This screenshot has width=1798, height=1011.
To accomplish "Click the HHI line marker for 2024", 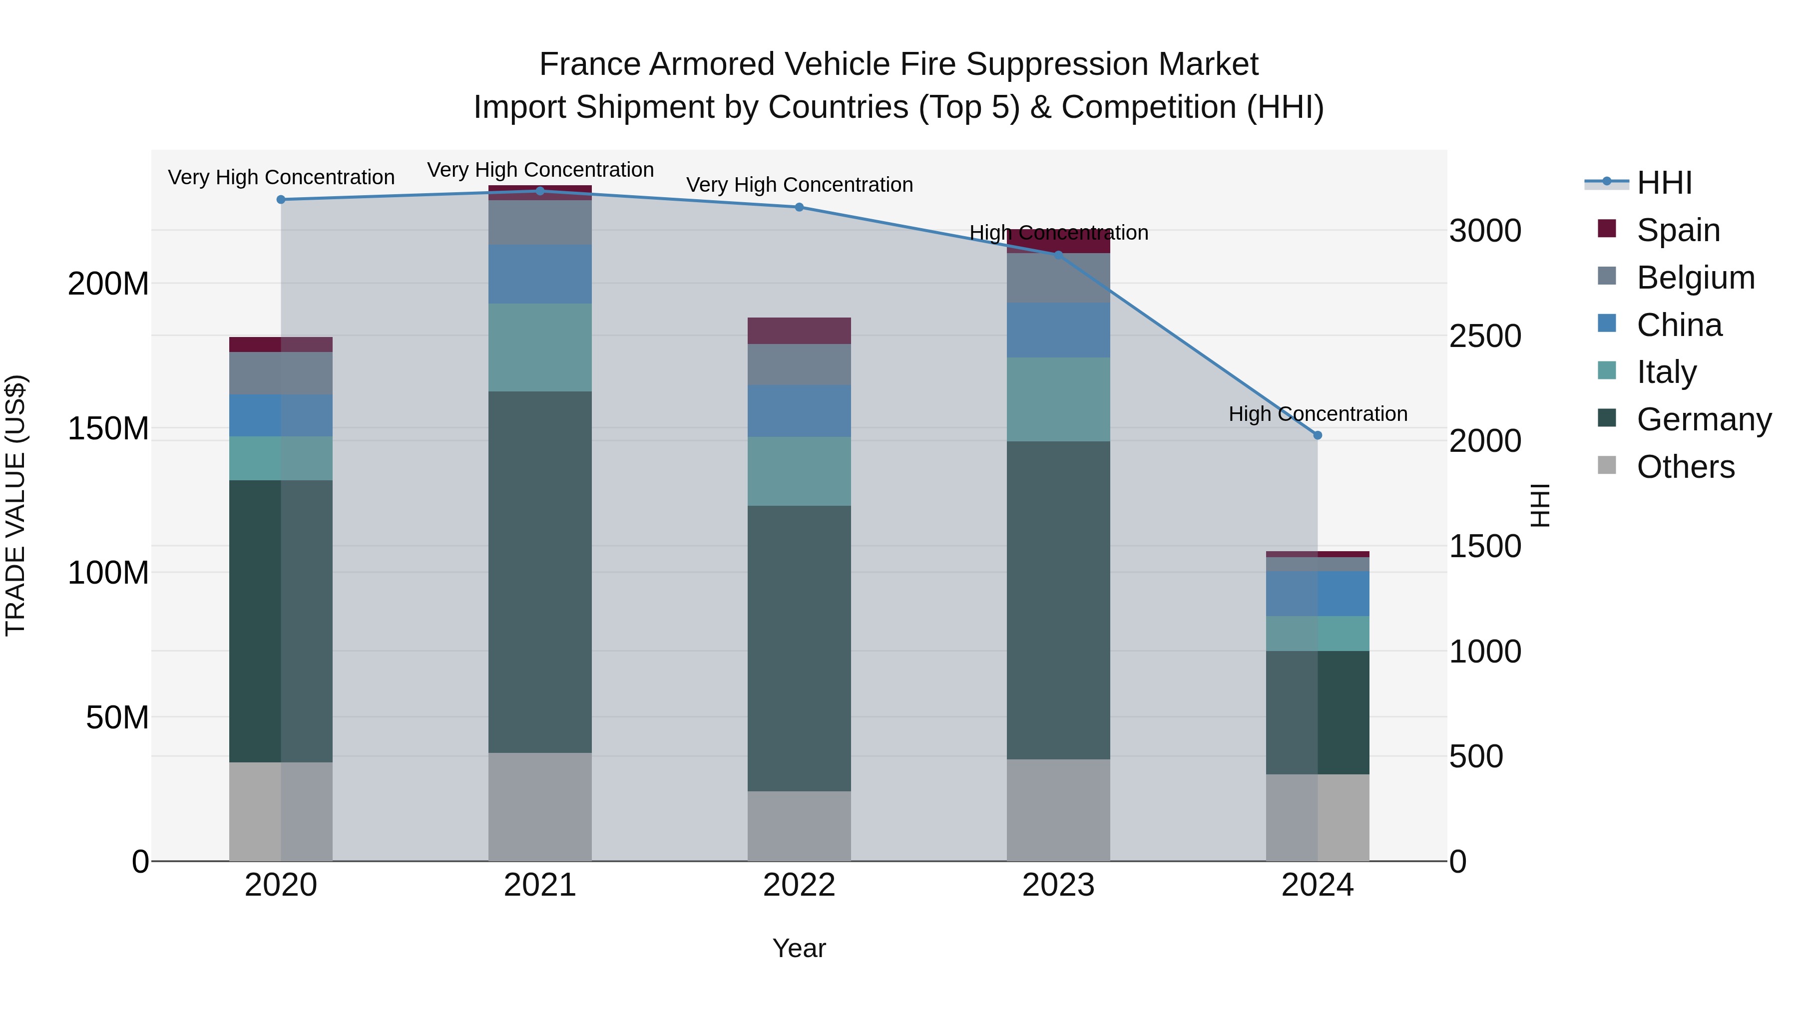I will tap(1317, 435).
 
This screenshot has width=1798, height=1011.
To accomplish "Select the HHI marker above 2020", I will tap(281, 200).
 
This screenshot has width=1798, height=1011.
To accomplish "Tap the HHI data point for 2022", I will tap(799, 207).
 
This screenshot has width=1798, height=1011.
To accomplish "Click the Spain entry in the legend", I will tap(1678, 230).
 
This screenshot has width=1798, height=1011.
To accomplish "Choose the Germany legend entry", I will tap(1703, 419).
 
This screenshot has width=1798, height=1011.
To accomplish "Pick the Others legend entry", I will tap(1685, 467).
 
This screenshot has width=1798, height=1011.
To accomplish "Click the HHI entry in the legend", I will tap(1664, 183).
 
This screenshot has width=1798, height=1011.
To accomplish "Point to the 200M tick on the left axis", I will tap(108, 284).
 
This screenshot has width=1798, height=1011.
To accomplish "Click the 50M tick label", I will tap(117, 717).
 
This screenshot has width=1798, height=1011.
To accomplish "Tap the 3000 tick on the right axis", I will tap(1485, 231).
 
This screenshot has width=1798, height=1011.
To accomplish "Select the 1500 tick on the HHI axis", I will tap(1485, 546).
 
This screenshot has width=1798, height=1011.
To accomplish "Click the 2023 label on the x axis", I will tap(1058, 885).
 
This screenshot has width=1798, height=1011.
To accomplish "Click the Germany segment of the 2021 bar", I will tap(540, 572).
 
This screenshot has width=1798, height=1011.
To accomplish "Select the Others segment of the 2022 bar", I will tap(799, 826).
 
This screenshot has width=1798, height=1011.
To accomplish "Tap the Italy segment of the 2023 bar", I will tap(1058, 399).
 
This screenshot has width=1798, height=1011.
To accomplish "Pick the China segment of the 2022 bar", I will tap(799, 411).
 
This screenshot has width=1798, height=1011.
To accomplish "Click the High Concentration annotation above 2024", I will tap(1317, 414).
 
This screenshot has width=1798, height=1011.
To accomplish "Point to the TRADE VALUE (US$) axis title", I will tap(15, 505).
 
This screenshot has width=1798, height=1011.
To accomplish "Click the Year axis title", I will tap(799, 948).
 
